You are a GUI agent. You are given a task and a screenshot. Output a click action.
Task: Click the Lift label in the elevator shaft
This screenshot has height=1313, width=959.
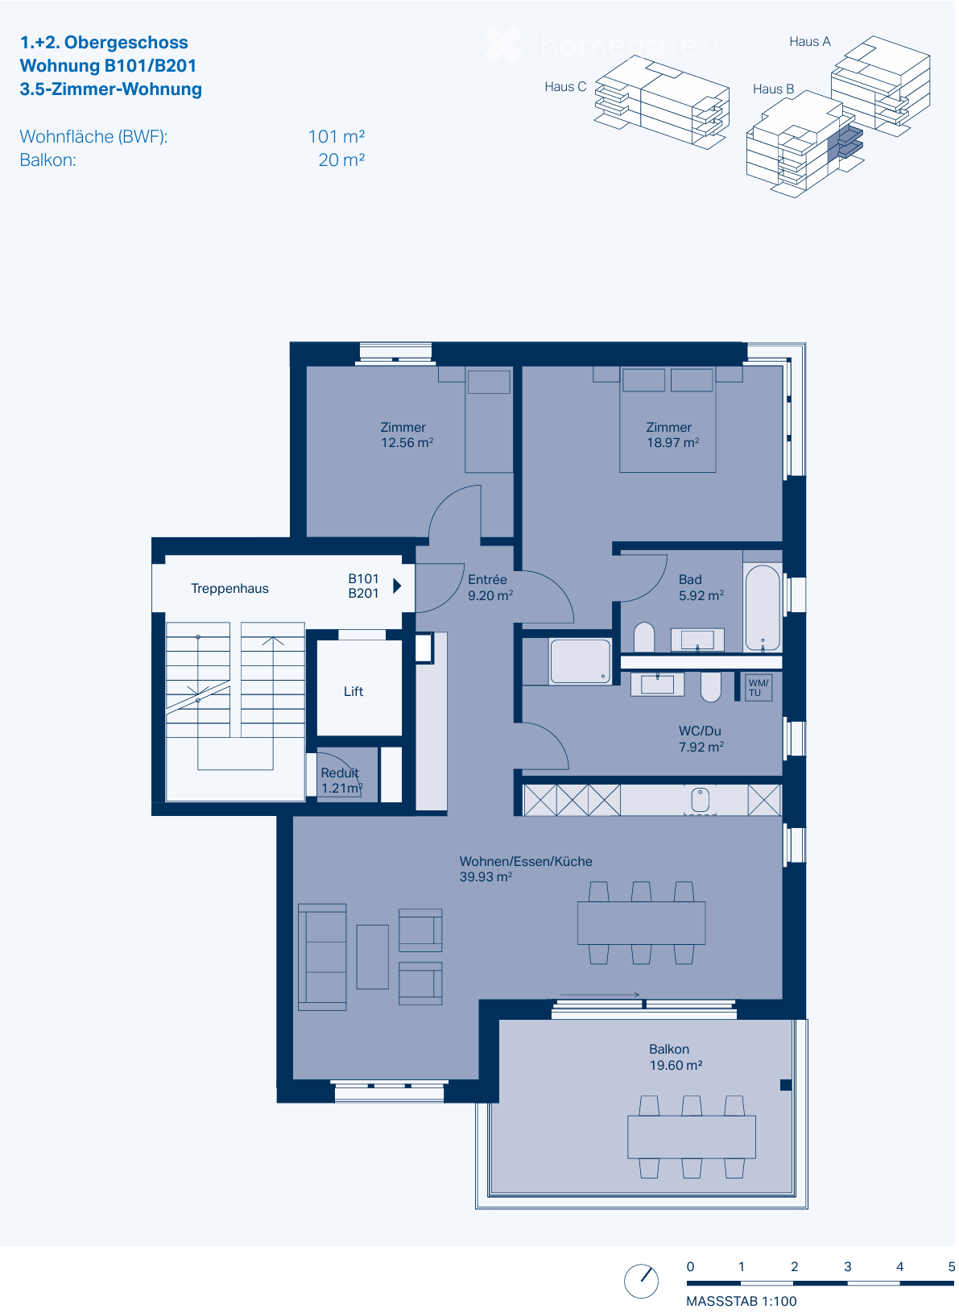[353, 691]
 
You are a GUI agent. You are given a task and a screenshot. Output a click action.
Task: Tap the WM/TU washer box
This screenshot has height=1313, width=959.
[759, 687]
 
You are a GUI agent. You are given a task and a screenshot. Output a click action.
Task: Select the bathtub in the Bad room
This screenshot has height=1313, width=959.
[762, 607]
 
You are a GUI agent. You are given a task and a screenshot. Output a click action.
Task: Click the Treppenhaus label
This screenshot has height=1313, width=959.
[229, 589]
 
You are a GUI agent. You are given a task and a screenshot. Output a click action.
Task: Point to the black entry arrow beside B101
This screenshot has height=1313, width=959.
[397, 586]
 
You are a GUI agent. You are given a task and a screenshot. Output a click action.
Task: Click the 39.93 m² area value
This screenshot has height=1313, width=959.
[486, 877]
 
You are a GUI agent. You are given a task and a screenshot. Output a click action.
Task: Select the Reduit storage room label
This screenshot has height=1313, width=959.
[339, 773]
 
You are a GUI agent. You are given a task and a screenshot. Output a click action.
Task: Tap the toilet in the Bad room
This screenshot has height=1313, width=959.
[644, 637]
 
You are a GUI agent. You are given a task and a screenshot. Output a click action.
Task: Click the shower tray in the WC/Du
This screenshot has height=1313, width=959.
[580, 661]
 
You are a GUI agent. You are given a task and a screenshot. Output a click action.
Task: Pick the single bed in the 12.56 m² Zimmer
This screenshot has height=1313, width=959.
[489, 420]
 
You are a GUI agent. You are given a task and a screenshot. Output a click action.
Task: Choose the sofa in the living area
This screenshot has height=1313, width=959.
[322, 957]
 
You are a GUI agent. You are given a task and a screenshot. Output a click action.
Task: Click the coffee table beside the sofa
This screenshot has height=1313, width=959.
[373, 957]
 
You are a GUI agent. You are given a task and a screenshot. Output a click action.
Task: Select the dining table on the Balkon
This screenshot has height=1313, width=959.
[691, 1137]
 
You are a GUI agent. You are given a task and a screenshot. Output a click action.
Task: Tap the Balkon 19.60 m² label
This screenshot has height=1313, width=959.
[675, 1057]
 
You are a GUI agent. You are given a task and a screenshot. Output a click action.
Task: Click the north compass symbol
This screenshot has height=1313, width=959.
[641, 1281]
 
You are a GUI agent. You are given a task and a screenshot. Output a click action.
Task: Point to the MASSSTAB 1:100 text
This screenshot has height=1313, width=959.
[741, 1301]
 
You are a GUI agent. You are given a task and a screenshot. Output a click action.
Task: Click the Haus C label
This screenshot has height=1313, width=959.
[564, 87]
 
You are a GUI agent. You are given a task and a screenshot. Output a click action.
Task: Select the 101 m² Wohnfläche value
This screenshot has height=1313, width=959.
[336, 137]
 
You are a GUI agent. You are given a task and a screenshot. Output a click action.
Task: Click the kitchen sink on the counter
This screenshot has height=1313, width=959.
[701, 799]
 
